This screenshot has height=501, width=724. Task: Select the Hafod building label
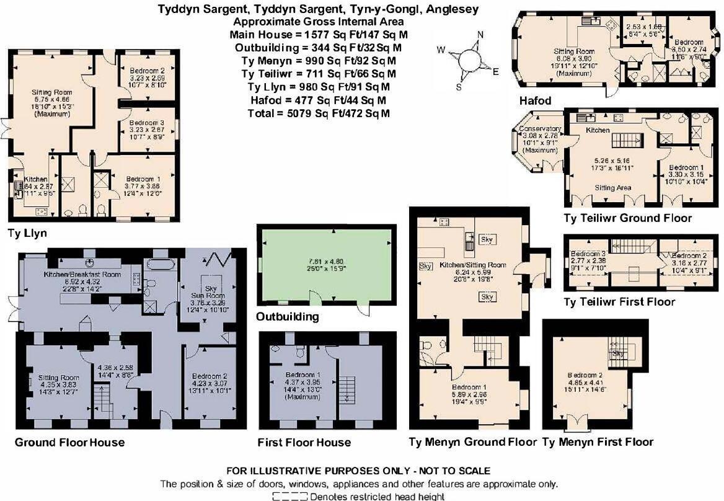tap(536, 100)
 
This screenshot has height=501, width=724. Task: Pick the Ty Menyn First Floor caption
tap(598, 442)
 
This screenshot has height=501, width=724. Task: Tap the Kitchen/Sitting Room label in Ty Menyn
tap(472, 265)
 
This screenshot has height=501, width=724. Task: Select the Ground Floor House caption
tap(69, 442)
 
